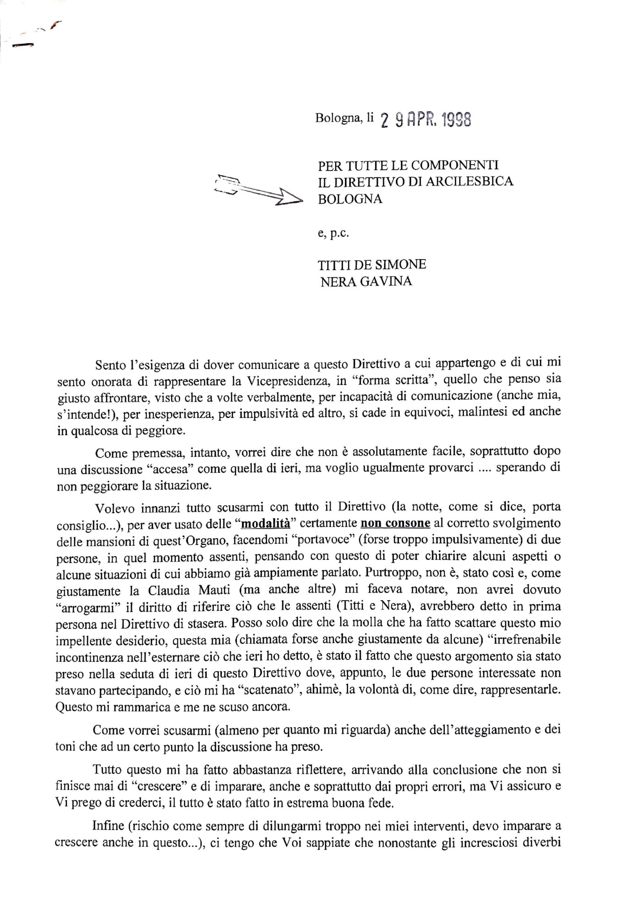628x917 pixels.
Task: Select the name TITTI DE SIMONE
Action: pyautogui.click(x=372, y=265)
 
